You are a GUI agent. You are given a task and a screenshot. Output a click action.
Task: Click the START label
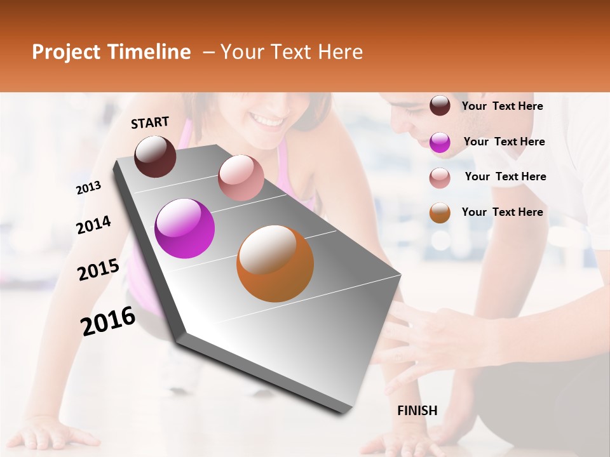[x=150, y=123]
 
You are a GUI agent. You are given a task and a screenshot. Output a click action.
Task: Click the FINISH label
[x=417, y=411]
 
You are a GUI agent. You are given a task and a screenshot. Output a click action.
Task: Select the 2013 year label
[x=88, y=188]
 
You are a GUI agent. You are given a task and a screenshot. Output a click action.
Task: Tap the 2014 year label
[x=93, y=225]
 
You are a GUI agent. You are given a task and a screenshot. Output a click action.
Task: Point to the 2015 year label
[x=98, y=270]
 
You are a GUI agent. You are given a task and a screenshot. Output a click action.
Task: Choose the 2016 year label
[x=108, y=321]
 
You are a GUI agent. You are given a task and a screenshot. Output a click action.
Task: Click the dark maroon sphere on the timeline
[x=155, y=156]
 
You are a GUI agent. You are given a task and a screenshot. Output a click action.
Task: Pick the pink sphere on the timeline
[x=241, y=178]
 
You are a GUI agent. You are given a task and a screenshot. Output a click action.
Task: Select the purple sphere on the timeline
[x=185, y=228]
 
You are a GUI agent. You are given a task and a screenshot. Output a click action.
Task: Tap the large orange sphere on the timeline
[x=275, y=263]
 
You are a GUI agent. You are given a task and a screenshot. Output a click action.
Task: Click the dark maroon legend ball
[x=440, y=105]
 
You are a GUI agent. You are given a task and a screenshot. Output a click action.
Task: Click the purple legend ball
[x=440, y=142]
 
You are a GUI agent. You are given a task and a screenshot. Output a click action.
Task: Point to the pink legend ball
[x=440, y=178]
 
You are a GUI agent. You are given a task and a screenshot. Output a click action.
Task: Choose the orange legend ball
[x=440, y=213]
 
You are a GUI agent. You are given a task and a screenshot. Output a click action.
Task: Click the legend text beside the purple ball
[x=504, y=142]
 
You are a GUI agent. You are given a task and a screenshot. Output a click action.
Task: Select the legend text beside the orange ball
[x=502, y=212]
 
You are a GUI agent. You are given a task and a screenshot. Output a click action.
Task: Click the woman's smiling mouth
[x=268, y=119]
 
